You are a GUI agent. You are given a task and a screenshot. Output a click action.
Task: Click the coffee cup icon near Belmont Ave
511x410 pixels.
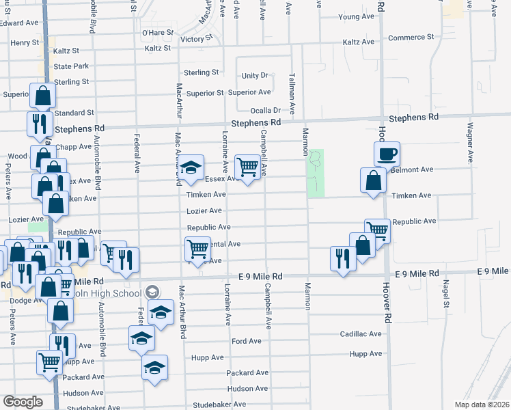[x=387, y=153]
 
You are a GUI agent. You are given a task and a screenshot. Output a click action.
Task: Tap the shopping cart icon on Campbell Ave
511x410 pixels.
[x=247, y=166]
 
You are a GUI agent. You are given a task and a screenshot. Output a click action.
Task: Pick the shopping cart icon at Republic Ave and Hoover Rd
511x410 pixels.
[x=376, y=230]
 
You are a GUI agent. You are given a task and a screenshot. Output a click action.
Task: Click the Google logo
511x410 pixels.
[x=23, y=402]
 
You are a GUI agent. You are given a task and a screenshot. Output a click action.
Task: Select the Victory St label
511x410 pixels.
[x=192, y=39]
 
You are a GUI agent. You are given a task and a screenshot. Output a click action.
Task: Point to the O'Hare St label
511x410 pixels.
[x=154, y=32]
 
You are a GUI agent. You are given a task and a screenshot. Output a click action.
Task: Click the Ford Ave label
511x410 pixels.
[x=246, y=341]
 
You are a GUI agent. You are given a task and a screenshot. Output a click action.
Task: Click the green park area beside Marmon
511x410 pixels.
[x=316, y=173]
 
